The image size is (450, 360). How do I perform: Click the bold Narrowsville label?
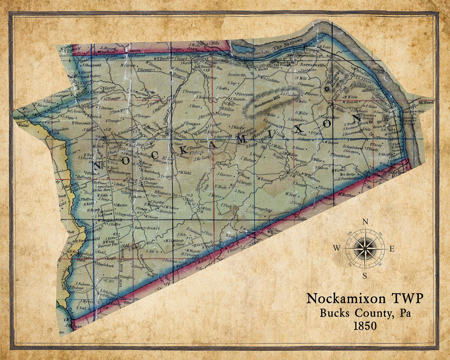(312, 65)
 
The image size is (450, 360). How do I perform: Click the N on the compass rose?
(365, 222)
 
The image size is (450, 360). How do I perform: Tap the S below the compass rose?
(365, 275)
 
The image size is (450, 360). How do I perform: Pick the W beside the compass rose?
(337, 248)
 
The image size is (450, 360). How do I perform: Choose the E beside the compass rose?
(391, 249)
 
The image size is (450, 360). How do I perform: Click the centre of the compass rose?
(365, 248)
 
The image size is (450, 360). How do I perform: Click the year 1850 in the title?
(365, 326)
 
